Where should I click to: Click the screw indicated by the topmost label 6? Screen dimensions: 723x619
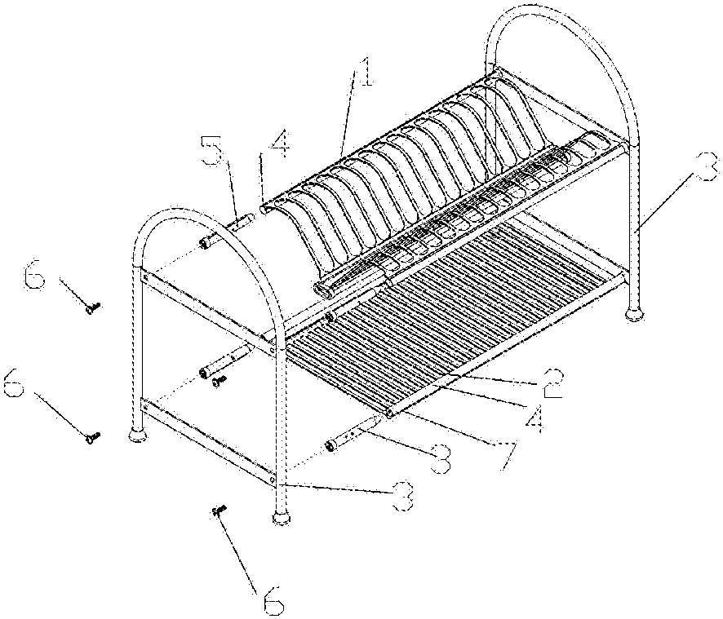tap(94, 307)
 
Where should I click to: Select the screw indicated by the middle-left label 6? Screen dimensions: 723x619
tap(92, 438)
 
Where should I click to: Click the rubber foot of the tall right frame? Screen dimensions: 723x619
tap(635, 312)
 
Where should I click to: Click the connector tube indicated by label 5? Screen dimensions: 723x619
tap(242, 220)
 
